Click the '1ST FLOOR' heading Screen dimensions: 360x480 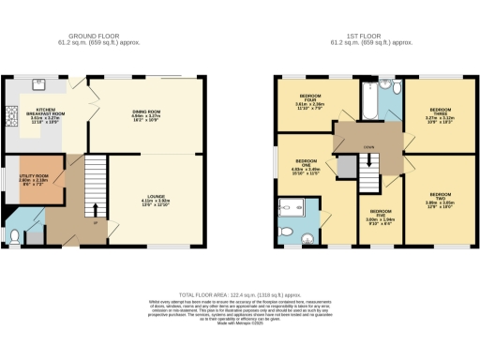tap(375, 35)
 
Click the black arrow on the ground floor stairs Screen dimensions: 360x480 tap(93, 206)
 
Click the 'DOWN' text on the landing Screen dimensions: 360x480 tap(370, 148)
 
